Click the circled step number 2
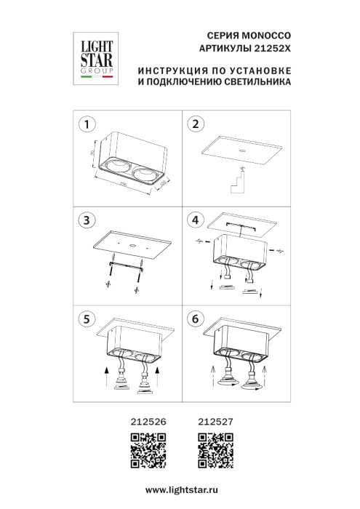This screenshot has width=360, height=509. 194,124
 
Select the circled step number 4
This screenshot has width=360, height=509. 194,220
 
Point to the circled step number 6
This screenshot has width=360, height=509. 194,318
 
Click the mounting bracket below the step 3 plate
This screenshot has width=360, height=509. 124,265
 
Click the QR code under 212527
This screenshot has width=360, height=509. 215,449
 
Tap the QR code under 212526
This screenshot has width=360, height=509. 148,449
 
